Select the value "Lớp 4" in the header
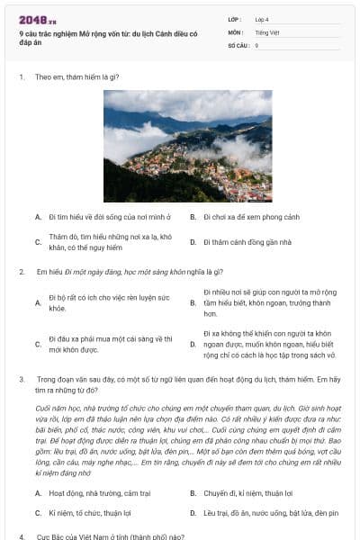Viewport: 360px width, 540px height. (x=262, y=19)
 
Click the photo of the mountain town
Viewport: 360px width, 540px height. (x=187, y=146)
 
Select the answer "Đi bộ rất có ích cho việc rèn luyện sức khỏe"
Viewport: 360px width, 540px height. (x=108, y=302)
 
